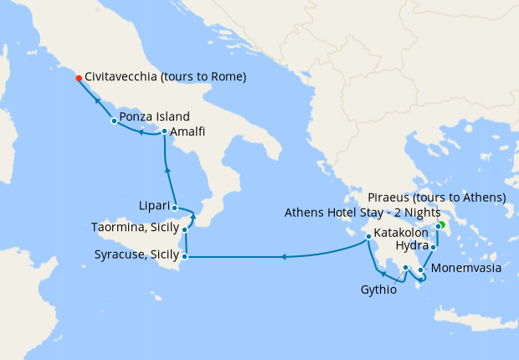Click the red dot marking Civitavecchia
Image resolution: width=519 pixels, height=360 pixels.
(79, 78)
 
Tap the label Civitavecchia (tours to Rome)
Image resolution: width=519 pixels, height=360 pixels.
(165, 77)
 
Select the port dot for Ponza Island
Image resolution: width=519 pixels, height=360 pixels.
(114, 121)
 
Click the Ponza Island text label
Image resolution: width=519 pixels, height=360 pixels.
(154, 116)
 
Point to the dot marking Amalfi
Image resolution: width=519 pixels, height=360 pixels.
(164, 131)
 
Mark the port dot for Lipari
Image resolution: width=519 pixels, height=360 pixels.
(174, 208)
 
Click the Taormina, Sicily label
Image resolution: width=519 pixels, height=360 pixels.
(135, 228)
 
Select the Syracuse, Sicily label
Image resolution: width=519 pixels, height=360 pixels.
(135, 255)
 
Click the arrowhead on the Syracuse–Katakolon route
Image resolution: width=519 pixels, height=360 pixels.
(283, 257)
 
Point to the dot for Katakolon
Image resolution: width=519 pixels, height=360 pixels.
(367, 238)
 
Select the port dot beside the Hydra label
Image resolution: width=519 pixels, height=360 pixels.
(433, 247)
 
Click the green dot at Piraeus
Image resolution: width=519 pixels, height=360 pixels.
(441, 224)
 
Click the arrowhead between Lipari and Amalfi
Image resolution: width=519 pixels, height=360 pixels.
(168, 170)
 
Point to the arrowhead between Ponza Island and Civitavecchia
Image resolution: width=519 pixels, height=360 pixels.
(97, 100)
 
